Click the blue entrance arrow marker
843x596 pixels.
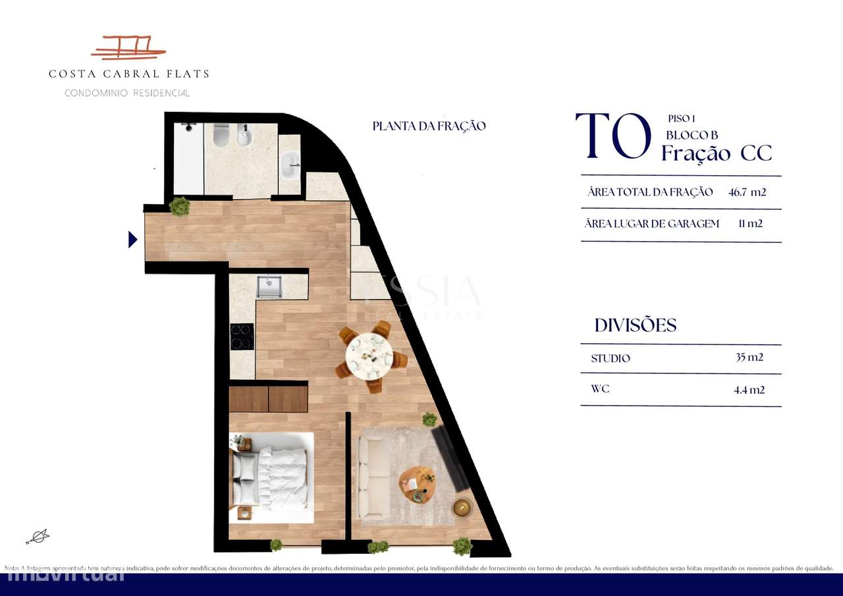[133, 240]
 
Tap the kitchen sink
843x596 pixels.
[269, 286]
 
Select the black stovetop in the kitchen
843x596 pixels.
[242, 337]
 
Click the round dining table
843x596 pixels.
[369, 356]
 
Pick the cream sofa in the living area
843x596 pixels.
[373, 477]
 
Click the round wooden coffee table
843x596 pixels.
[417, 485]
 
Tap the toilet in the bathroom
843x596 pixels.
[221, 136]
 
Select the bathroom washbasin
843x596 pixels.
[289, 165]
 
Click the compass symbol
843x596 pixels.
[38, 537]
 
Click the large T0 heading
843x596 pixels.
[613, 137]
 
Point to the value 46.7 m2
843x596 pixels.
[748, 192]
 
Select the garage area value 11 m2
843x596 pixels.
[750, 224]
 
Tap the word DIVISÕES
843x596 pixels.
[636, 325]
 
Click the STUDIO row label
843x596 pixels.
[611, 359]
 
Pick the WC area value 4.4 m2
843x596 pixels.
[749, 390]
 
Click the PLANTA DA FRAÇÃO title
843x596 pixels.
[429, 126]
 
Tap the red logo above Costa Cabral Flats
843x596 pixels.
[128, 49]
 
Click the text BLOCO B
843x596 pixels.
[691, 135]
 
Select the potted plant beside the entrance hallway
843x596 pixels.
[179, 207]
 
